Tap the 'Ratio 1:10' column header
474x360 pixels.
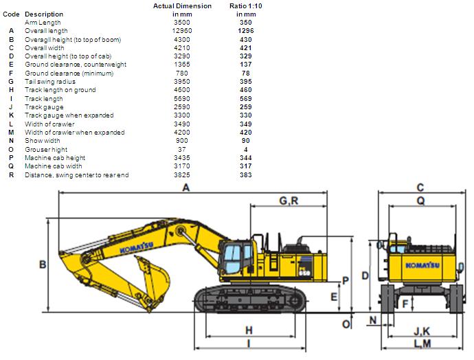[x=245, y=6]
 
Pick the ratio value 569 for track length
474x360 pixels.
[x=245, y=98]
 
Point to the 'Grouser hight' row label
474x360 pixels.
[x=46, y=149]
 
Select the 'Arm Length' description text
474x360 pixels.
[x=43, y=23]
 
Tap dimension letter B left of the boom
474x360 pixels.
[x=42, y=264]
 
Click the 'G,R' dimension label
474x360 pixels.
[x=289, y=200]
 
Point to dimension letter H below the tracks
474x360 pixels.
[x=249, y=330]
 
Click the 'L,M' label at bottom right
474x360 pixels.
[x=422, y=343]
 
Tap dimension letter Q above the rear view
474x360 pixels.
[x=420, y=201]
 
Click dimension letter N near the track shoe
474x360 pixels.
[x=372, y=321]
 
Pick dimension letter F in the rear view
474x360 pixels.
[x=406, y=302]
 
